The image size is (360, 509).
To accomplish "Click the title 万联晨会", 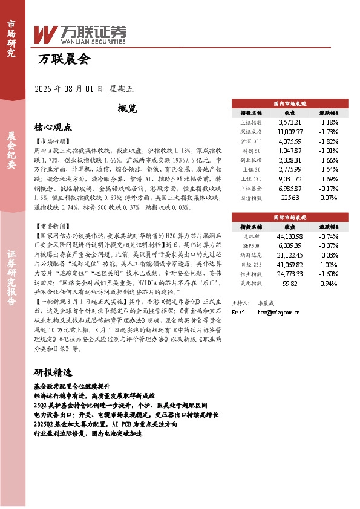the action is (x=63, y=60).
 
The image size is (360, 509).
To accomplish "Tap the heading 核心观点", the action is (x=53, y=128).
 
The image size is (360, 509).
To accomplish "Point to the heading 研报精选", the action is (x=53, y=372).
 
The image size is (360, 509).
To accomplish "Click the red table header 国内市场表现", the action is (x=290, y=104).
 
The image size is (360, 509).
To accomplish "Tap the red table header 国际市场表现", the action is (x=290, y=216).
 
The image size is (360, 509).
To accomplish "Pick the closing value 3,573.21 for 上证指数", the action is (x=289, y=122).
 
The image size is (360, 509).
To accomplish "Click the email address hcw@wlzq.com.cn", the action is (x=279, y=313).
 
